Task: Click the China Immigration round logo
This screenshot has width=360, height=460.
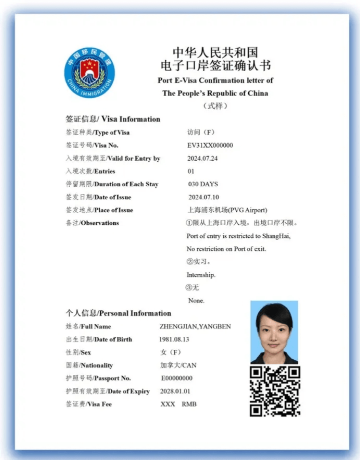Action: pos(89,73)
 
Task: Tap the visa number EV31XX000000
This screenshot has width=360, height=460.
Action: pos(209,146)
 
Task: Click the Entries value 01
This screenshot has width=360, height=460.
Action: pos(190,171)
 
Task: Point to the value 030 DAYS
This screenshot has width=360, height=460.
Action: pos(203,184)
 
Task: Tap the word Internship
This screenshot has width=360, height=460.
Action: pos(201,275)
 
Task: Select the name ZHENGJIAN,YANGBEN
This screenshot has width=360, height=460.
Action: pos(195,327)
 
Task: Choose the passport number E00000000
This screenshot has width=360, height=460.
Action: pos(176,378)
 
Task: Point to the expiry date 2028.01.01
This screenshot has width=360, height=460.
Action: pos(175,391)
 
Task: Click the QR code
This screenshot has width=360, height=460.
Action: pos(274,391)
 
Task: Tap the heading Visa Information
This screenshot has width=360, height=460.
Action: pos(130,119)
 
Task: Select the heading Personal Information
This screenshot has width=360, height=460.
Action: pos(135,313)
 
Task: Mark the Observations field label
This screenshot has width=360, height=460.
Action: pos(100,223)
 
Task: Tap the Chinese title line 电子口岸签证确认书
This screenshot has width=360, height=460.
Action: pos(215,66)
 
